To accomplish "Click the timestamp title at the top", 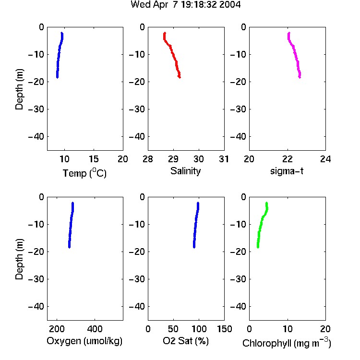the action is (185, 5).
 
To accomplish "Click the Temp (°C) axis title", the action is (84, 173).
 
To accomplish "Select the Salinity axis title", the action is (185, 171).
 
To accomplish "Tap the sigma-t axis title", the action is (287, 171).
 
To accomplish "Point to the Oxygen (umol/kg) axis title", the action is (84, 341).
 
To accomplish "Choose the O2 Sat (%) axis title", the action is (186, 341).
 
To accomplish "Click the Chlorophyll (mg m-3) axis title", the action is (287, 343).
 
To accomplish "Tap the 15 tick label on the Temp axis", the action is (94, 159).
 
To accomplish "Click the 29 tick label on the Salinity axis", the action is (173, 159).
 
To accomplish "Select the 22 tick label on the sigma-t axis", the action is (288, 159).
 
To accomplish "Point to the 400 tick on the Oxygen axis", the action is (95, 329).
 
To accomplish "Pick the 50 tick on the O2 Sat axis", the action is (173, 329).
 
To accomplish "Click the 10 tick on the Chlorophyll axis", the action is (288, 329).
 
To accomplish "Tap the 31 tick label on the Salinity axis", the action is (224, 159).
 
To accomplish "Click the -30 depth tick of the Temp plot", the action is (36, 109).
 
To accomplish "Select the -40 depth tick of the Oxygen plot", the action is (36, 306).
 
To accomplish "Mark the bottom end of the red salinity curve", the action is (180, 77).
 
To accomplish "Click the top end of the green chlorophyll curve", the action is (266, 203).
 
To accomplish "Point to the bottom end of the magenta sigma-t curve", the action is (300, 77).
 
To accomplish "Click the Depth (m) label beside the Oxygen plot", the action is (19, 259).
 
